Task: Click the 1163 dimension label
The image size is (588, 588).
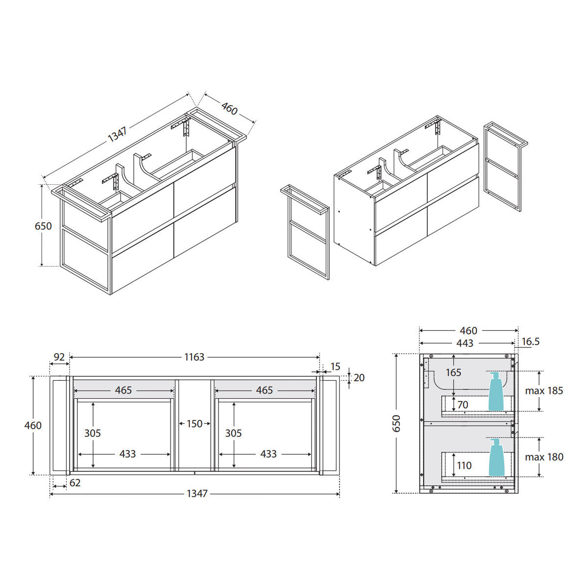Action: click(x=194, y=357)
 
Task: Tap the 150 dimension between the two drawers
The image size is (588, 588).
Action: click(x=195, y=424)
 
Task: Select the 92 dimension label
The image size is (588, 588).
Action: click(x=59, y=357)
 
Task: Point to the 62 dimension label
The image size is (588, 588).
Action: click(x=75, y=483)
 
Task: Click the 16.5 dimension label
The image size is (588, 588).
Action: click(x=530, y=342)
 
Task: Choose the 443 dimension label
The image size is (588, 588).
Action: click(x=465, y=343)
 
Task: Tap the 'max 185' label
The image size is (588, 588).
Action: click(x=544, y=391)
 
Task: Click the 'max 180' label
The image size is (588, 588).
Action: click(x=544, y=457)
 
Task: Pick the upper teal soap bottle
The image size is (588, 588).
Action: click(x=496, y=391)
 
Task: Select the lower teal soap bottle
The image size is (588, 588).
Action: click(x=496, y=457)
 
